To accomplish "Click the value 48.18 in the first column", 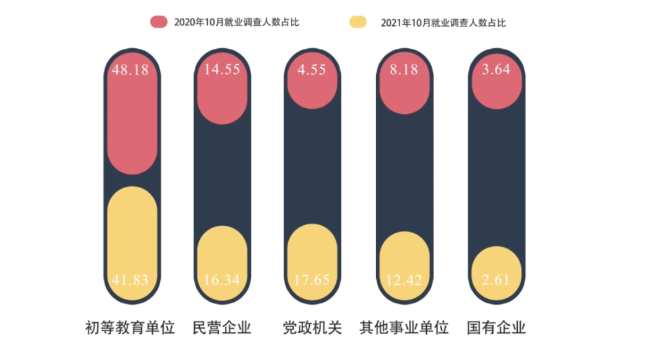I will (131, 69).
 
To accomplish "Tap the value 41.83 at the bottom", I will (131, 280).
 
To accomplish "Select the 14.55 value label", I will (222, 69).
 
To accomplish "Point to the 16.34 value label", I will (222, 280).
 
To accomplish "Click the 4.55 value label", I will (313, 69).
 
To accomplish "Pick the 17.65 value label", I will (313, 280).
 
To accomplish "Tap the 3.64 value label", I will (496, 69).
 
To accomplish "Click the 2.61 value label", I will (496, 280).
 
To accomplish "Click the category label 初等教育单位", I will (131, 327).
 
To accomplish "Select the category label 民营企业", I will (222, 327).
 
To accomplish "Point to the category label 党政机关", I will (312, 327).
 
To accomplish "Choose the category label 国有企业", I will (496, 327).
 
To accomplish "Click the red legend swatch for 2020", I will (159, 22).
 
